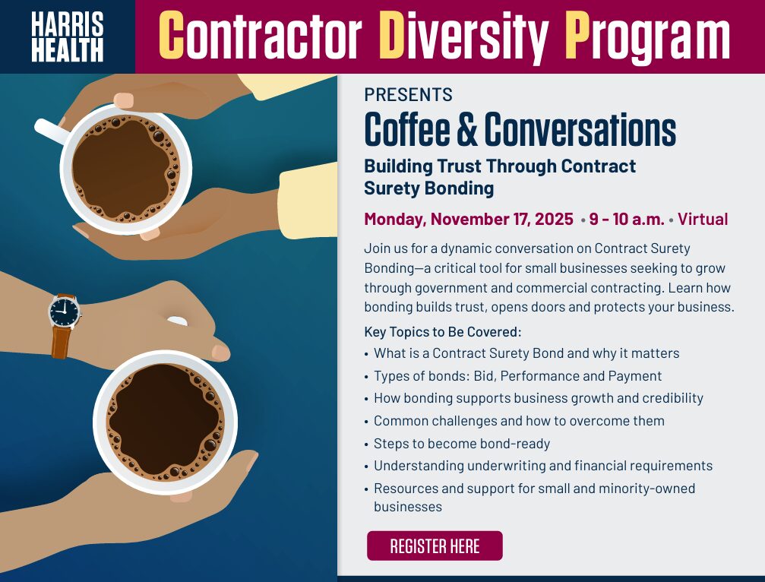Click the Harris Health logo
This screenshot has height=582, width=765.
click(68, 36)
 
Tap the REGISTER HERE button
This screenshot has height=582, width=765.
click(435, 546)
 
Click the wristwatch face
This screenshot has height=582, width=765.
click(65, 310)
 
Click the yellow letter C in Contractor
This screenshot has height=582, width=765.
click(172, 36)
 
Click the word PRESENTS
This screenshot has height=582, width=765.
click(408, 95)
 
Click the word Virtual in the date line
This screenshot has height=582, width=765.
click(703, 220)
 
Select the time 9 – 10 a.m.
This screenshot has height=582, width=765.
click(626, 220)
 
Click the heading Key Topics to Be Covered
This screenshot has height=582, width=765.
click(443, 332)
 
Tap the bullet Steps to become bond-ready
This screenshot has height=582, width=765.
click(462, 443)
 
